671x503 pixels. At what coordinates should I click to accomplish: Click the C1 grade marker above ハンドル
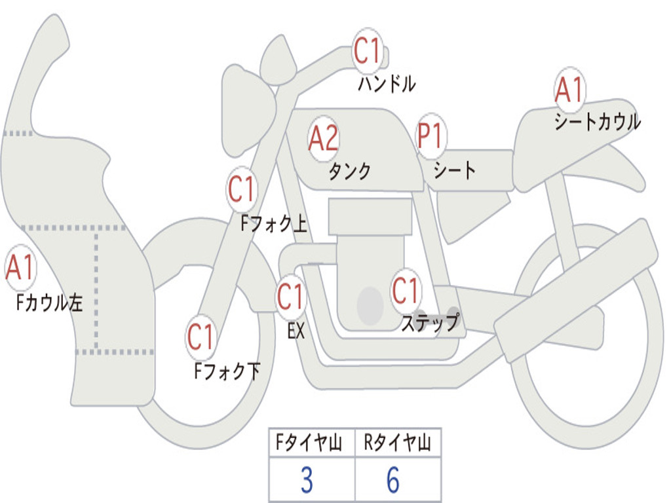368,51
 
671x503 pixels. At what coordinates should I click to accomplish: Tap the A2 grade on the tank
323,138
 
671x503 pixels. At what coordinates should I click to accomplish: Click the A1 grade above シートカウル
569,90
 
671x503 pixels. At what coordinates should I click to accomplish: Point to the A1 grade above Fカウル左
20,269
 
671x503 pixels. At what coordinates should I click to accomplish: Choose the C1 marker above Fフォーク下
201,337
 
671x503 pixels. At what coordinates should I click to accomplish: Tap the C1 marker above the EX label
290,297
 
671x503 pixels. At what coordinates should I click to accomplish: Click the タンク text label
349,171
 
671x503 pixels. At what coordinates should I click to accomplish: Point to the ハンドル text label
387,83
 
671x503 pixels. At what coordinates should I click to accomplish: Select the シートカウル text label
597,122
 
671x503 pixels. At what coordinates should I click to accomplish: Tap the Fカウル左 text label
50,303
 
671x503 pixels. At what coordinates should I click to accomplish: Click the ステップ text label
430,323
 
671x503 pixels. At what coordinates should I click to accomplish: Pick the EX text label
296,331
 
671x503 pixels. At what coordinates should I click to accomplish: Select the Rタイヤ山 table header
397,443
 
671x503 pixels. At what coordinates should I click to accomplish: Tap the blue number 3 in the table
306,481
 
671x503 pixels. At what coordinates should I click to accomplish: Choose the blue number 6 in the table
393,481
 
